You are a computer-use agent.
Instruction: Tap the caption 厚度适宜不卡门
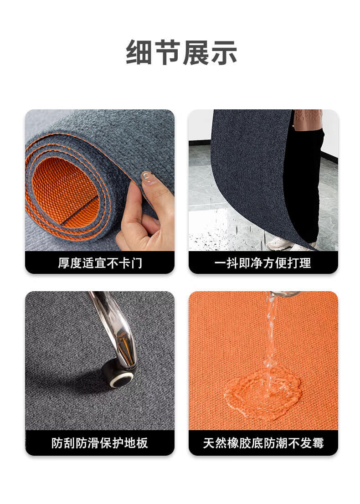pos(100,263)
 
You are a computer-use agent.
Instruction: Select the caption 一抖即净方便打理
pos(263,263)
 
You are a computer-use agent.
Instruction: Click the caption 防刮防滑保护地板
pos(100,443)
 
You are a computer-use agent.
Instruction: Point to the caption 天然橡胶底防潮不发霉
pos(263,443)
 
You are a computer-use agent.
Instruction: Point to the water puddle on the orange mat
pos(262,393)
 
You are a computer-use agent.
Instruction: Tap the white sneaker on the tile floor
pos(280,244)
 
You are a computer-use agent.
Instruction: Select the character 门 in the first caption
pos(137,263)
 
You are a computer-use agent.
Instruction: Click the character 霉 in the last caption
pos(318,443)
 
